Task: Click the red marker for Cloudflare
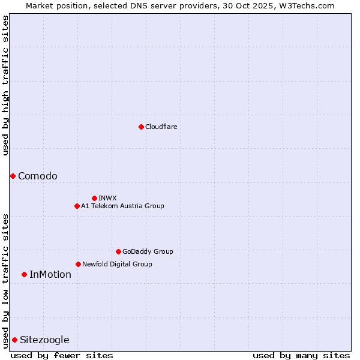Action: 141,127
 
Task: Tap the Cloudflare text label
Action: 161,127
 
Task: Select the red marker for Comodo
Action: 13,176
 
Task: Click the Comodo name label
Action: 38,176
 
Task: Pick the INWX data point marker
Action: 94,198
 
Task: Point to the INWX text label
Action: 107,198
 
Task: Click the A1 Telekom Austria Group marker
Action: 77,206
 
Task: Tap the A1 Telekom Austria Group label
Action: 122,206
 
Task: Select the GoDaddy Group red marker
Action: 118,251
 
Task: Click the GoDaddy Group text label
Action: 148,251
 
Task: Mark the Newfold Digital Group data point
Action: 78,264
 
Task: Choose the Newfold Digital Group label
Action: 117,264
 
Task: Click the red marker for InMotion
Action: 24,274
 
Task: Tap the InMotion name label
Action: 50,274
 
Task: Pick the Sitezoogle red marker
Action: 14,340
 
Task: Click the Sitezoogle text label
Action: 44,340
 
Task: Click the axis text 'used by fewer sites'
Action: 62,355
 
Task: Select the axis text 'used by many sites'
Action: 301,355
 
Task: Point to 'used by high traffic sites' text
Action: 6,85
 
